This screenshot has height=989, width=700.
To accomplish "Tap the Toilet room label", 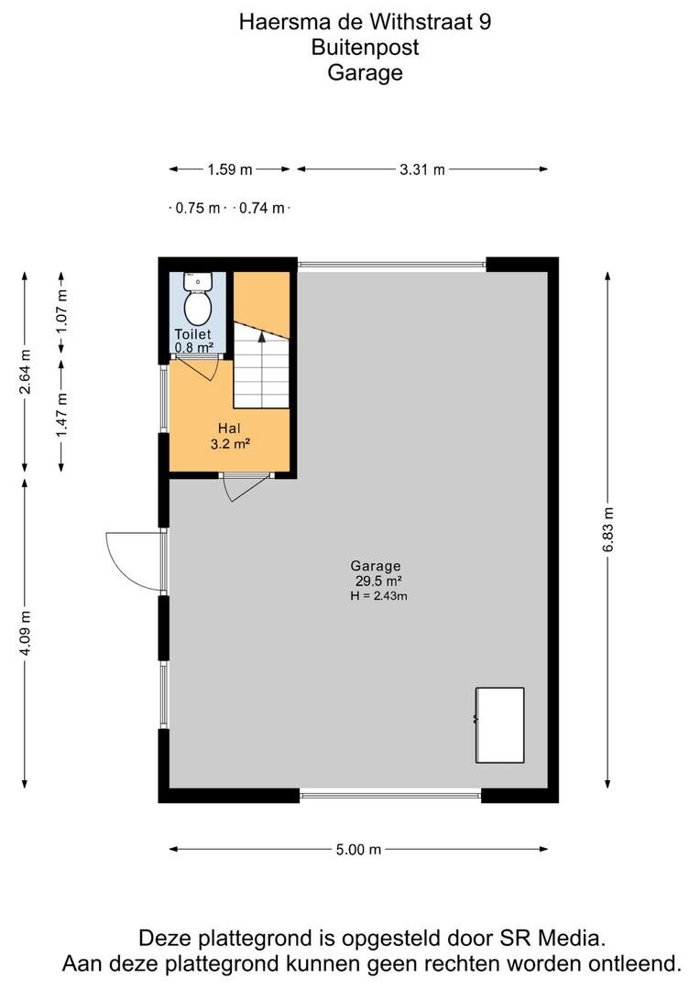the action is [192, 334].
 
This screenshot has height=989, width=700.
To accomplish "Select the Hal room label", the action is [229, 429].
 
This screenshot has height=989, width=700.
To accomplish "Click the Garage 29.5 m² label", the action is [377, 573].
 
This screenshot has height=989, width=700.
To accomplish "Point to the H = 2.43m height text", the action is [378, 595].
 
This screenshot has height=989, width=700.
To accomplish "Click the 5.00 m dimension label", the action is [358, 850].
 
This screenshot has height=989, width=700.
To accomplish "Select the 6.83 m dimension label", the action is [607, 530].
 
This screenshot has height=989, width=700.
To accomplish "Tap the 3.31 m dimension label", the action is [422, 169].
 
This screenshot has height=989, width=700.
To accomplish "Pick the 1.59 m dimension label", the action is [230, 169].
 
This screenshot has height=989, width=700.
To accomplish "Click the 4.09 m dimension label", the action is [26, 633].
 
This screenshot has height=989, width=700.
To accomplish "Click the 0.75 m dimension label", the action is [198, 208].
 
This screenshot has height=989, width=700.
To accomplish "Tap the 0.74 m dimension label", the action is [261, 208].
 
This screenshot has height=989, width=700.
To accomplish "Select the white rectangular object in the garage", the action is [500, 725].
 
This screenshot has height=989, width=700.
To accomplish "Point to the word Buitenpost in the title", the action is [365, 48].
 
